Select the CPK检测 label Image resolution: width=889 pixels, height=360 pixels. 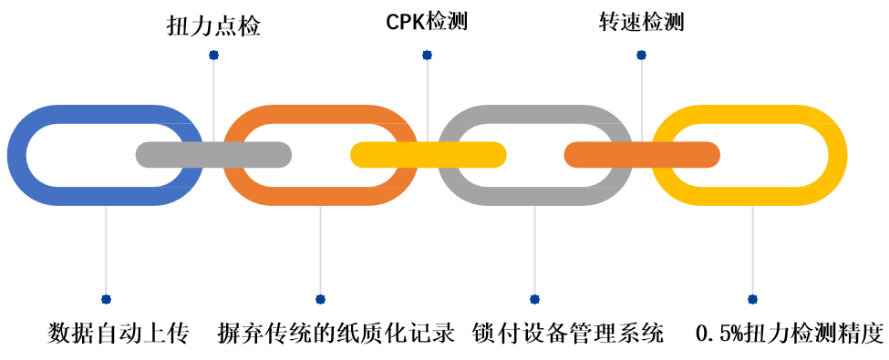[x=427, y=22]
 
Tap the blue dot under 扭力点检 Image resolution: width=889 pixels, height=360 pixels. [x=213, y=56]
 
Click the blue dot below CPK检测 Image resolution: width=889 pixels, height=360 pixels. [x=427, y=56]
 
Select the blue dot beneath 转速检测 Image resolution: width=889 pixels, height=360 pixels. [x=641, y=56]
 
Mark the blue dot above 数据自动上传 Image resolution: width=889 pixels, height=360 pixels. [x=106, y=299]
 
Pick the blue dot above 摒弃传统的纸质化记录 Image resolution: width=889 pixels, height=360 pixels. [x=320, y=299]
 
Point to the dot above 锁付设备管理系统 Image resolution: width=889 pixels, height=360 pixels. [x=534, y=299]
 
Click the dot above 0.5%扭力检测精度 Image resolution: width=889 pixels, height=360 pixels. [x=752, y=299]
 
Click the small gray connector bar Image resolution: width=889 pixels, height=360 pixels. [x=213, y=155]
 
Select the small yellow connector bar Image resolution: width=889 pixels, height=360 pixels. [x=428, y=155]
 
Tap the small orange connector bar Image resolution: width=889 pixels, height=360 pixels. [x=642, y=155]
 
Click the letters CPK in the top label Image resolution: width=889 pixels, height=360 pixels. [x=406, y=22]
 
